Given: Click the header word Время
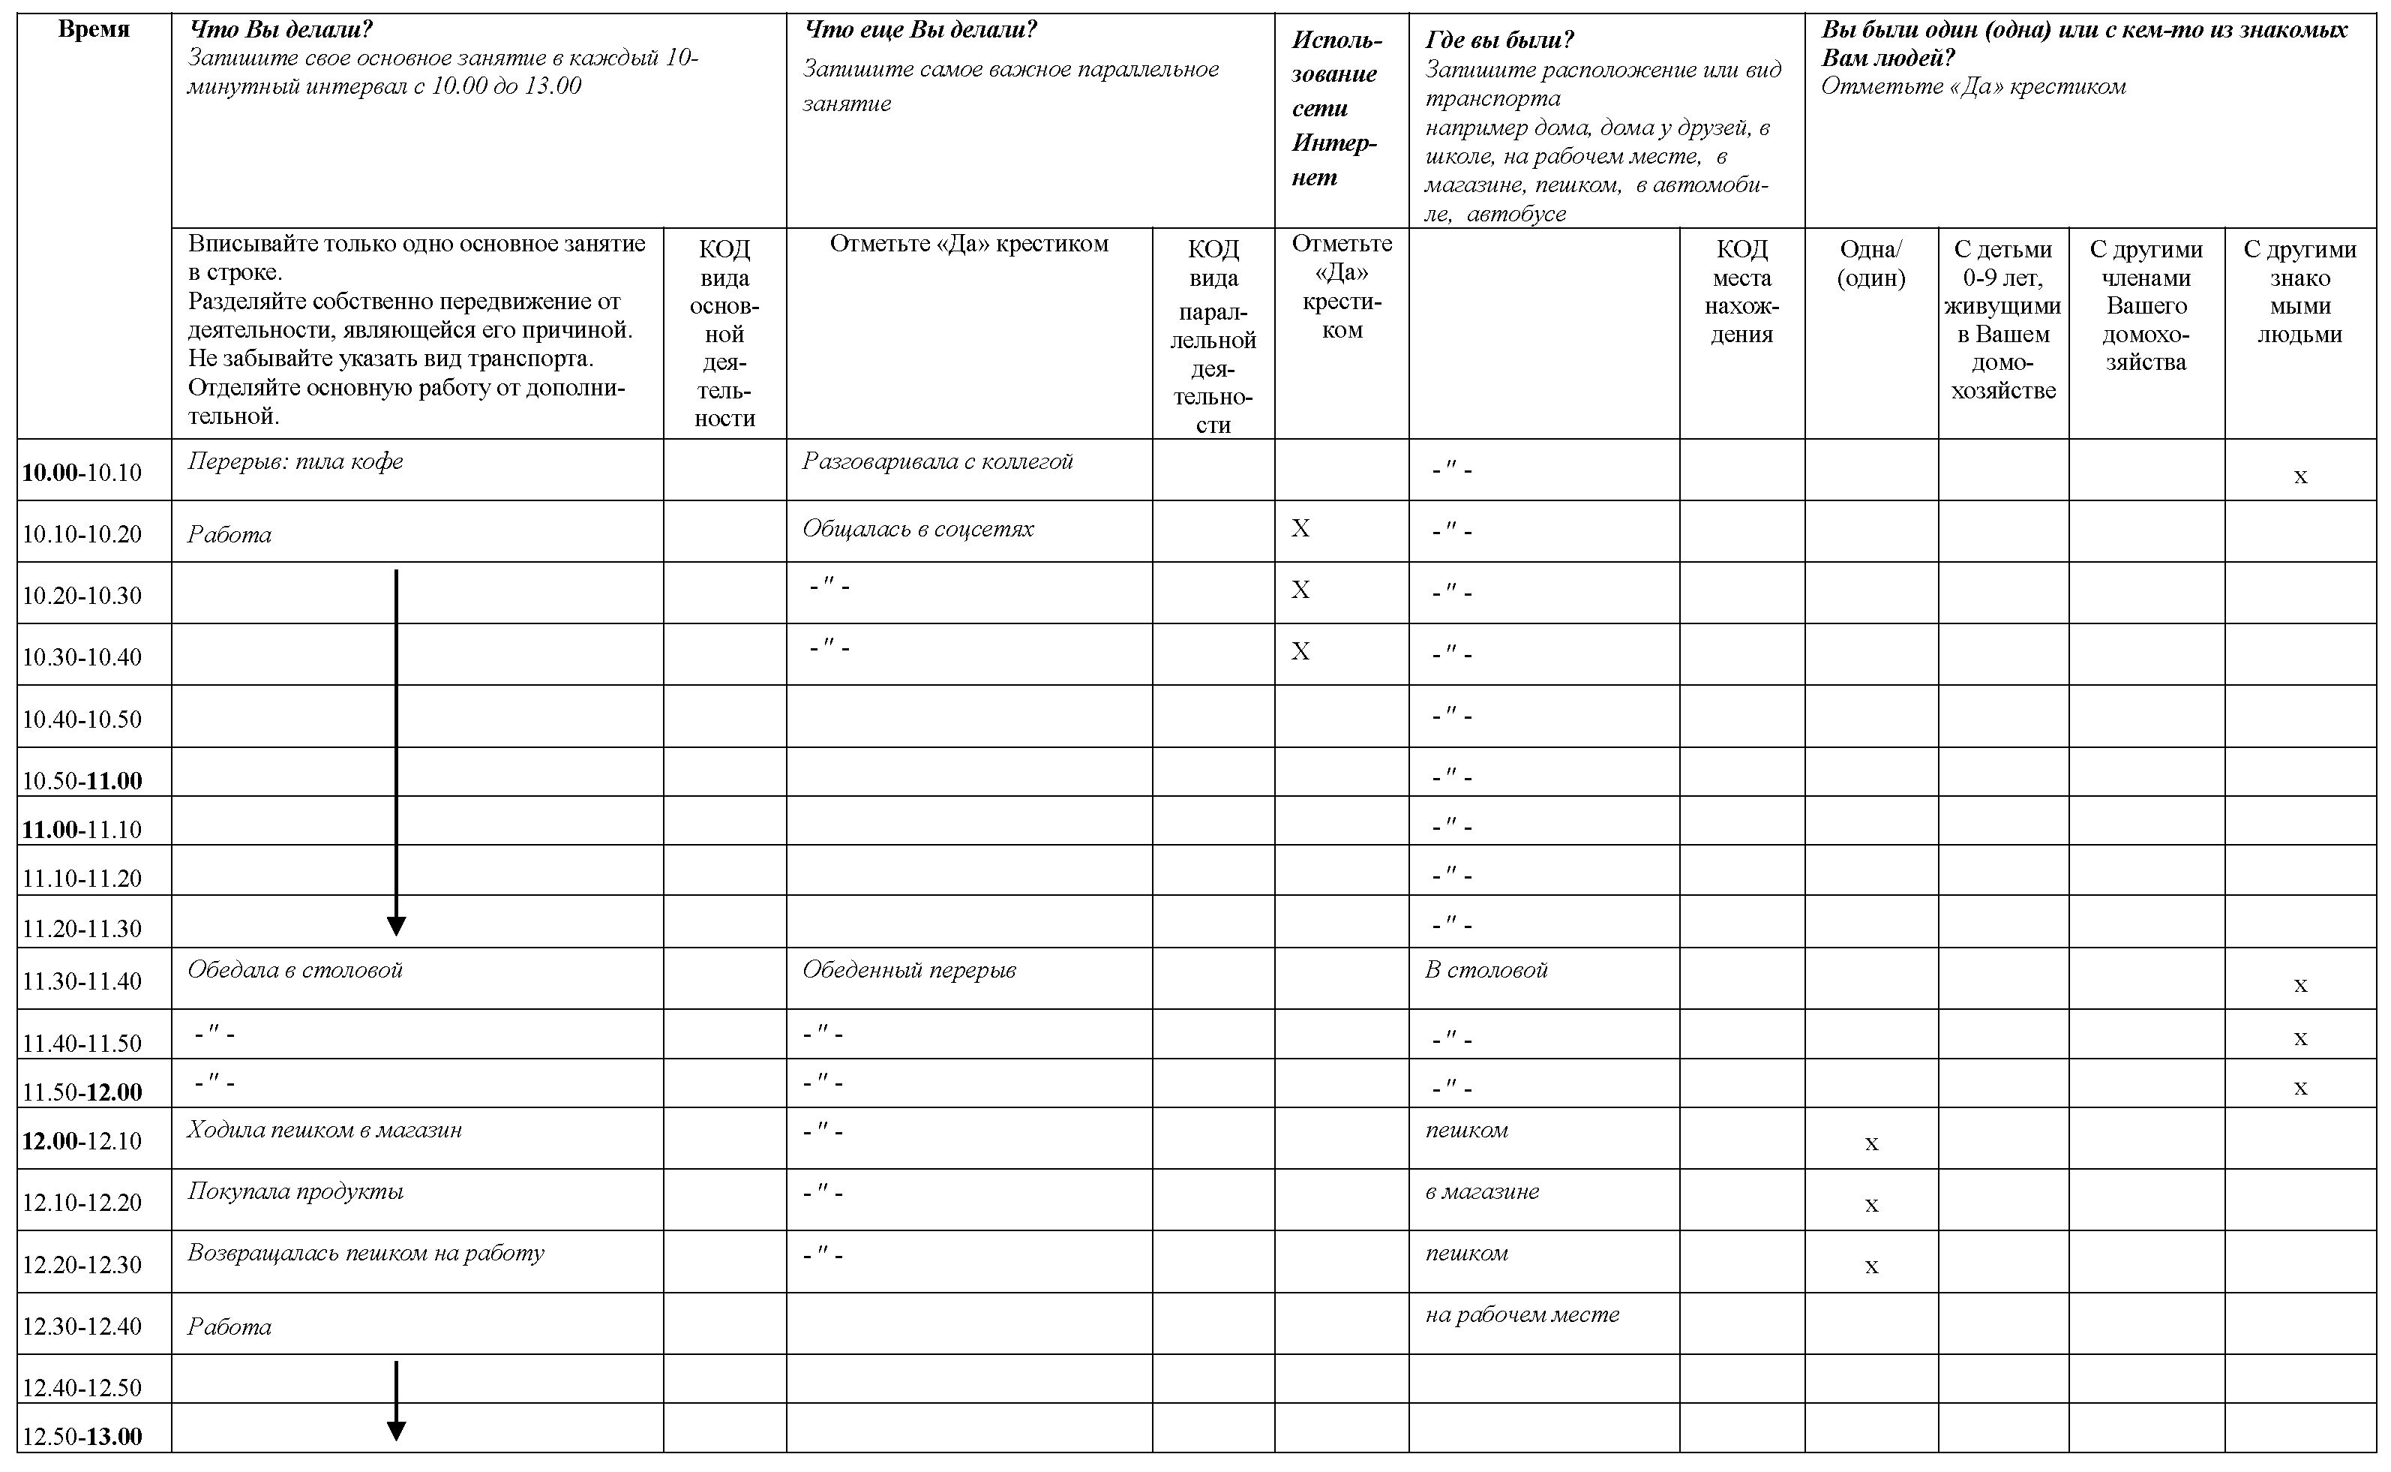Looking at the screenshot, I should click(94, 30).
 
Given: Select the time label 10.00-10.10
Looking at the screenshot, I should click(82, 473).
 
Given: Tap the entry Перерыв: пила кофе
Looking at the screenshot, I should click(295, 461).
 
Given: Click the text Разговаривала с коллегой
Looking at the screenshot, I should click(937, 461).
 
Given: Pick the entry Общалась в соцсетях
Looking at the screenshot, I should click(918, 529).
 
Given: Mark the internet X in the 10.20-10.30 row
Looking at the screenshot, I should click(1300, 590).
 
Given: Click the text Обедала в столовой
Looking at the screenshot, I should click(295, 969).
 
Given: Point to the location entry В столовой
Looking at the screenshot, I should click(1486, 969).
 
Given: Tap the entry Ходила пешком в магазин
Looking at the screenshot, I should click(325, 1131).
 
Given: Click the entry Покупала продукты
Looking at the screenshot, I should click(295, 1191).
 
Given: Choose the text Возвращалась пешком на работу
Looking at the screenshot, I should click(366, 1253).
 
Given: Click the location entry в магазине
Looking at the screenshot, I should click(1482, 1191).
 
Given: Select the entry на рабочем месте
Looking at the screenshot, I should click(1522, 1314).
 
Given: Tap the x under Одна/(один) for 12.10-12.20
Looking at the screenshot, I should click(1870, 1205).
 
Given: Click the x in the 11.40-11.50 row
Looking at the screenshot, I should click(2299, 1039).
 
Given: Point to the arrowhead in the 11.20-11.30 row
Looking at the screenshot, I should click(396, 926).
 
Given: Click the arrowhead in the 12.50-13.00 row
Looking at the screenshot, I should click(396, 1430).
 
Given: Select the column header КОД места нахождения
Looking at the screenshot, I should click(1741, 292).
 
